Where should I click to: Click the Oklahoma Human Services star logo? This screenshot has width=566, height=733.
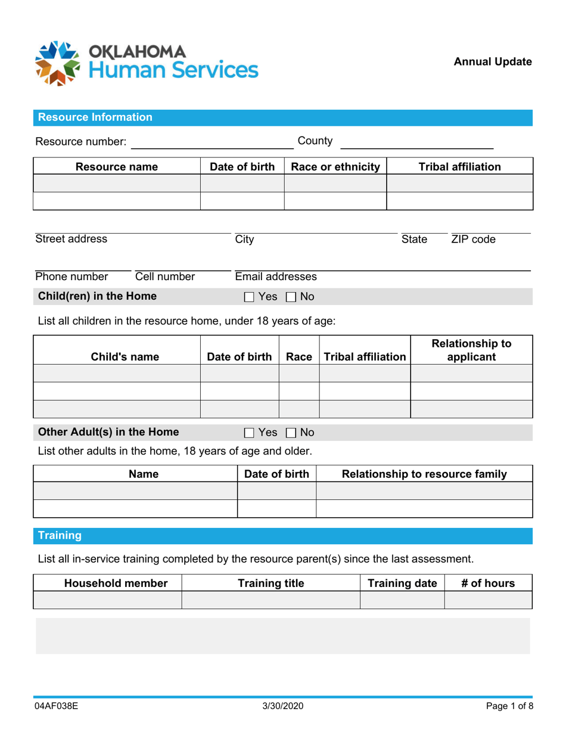pos(58,63)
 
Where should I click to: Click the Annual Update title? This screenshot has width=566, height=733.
pos(493,61)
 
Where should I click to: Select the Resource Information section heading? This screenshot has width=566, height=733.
pos(95,117)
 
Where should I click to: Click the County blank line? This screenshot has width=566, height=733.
pos(416,143)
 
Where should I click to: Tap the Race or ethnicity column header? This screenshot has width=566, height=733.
pos(335,167)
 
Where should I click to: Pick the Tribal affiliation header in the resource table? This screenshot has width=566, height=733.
pos(460,167)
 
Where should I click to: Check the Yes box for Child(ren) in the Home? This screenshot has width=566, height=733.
pos(250,297)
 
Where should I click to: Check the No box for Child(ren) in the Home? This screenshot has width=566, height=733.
pos(291,297)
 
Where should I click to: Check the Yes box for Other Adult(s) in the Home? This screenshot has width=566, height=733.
pos(250,433)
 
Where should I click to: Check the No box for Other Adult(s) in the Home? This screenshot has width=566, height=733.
pos(291,433)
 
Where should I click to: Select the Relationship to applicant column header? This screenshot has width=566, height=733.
pos(471,350)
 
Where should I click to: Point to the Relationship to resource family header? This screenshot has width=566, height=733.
pos(424,474)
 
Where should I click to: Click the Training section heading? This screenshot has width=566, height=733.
pos(60,536)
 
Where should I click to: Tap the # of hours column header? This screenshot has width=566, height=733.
pos(488,583)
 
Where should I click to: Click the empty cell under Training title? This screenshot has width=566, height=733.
pos(270,600)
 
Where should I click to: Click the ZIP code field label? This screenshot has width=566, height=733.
pos(473,240)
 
